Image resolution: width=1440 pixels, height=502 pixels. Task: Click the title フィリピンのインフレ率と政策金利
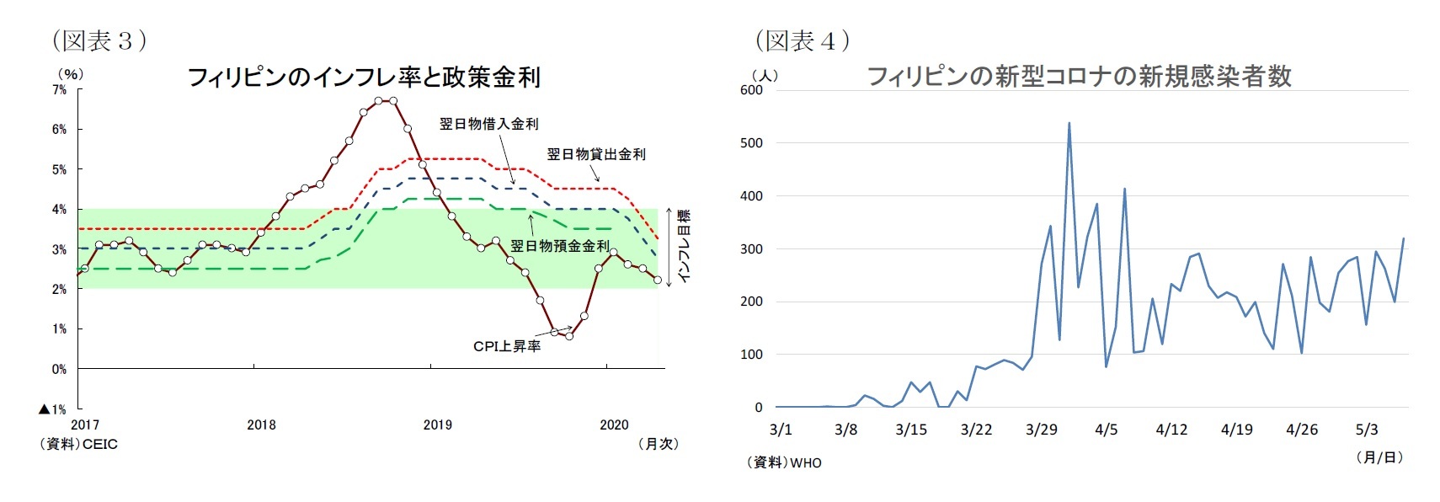363,77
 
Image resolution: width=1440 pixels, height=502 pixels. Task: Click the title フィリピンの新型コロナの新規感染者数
1079,77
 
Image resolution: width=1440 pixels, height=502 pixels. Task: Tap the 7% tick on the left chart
59,89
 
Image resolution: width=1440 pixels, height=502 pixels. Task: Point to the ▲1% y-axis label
52,409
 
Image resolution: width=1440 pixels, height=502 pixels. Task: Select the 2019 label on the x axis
437,425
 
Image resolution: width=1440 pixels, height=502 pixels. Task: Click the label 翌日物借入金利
488,124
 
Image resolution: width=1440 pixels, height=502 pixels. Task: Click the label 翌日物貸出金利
596,154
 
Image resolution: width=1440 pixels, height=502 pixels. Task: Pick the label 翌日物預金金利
559,246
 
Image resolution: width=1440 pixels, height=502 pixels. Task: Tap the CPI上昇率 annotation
507,346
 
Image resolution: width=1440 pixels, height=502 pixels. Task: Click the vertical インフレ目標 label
684,247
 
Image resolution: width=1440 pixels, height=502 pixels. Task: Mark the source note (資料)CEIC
79,444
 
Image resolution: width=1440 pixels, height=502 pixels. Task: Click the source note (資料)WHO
783,462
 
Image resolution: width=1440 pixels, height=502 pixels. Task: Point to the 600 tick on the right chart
751,90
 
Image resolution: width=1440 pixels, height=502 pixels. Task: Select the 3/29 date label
1041,430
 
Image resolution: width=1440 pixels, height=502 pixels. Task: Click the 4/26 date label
1301,430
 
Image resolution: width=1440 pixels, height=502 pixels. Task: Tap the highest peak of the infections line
1069,123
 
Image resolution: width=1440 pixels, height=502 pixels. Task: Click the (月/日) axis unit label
1379,457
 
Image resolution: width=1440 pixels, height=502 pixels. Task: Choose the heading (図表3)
99,40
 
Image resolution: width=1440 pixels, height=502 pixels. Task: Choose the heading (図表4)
802,40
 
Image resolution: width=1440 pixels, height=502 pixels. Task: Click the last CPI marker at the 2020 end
657,280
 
